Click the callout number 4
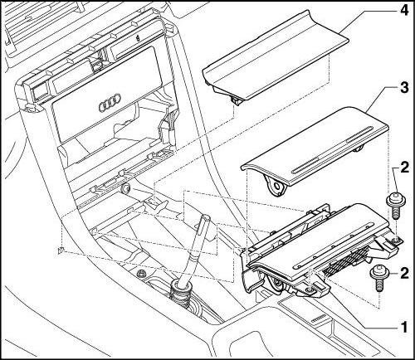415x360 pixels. (x=403, y=11)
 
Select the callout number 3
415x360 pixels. (x=403, y=88)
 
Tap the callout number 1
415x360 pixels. (x=404, y=327)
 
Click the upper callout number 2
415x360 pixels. (x=404, y=168)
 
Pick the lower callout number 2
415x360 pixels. (x=404, y=273)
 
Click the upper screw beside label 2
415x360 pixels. (x=394, y=206)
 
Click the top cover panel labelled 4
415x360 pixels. (x=276, y=56)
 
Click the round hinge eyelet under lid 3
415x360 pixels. (x=276, y=187)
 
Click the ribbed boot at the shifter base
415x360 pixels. (x=180, y=294)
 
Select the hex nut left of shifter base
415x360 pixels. (x=141, y=273)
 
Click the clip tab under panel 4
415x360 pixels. (x=235, y=100)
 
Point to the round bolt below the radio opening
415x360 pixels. (x=126, y=189)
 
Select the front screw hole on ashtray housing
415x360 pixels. (x=309, y=289)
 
